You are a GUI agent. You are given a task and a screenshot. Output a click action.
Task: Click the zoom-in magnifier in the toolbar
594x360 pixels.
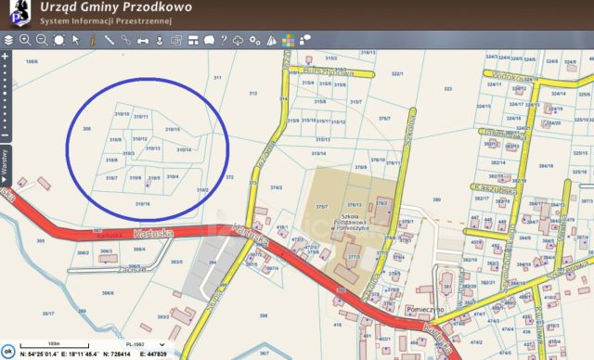tap(25, 40)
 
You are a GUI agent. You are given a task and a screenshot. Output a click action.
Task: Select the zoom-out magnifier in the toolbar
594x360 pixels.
tap(42, 40)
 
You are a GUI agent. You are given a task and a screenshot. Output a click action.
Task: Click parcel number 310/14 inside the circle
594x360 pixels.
tap(184, 148)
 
